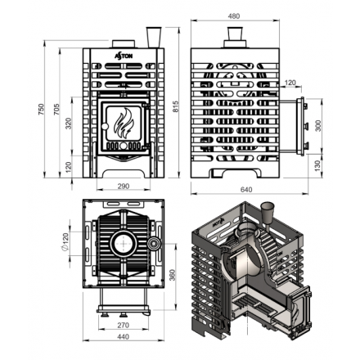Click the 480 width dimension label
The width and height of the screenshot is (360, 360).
point(234,16)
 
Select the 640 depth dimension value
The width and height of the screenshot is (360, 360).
point(246,189)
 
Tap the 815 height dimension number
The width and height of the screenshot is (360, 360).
point(176,106)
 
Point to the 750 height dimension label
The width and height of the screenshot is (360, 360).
point(41,109)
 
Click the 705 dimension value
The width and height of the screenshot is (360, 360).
point(56,109)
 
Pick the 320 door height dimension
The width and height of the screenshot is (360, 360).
point(69,124)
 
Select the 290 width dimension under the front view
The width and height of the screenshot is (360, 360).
point(124,187)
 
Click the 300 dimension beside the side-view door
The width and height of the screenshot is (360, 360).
point(318,125)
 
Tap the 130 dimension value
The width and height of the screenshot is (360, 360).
point(317,166)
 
